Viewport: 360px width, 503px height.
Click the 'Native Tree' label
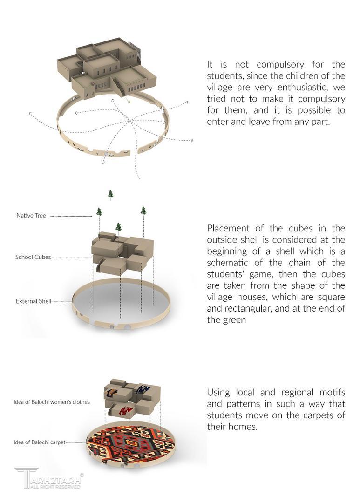[x=31, y=216]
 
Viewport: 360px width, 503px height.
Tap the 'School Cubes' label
[x=33, y=257]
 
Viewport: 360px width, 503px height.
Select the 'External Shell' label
[x=33, y=301]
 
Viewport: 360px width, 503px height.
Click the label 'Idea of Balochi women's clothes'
[x=52, y=401]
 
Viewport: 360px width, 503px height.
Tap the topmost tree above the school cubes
[x=110, y=194]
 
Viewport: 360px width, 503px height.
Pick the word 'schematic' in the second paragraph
[x=229, y=274]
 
